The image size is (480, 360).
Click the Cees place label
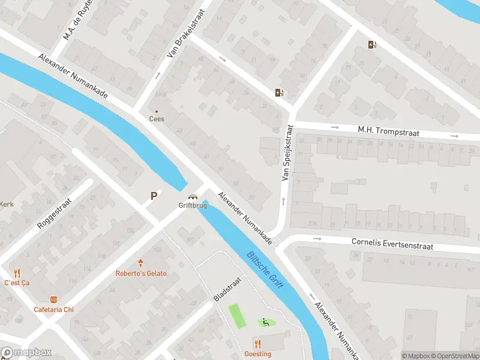pyautogui.click(x=157, y=119)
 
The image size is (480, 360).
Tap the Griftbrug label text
pyautogui.click(x=193, y=205)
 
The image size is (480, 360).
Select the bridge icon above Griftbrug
pyautogui.click(x=193, y=197)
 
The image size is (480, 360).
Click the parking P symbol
pyautogui.click(x=154, y=196)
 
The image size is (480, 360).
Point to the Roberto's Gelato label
pyautogui.click(x=141, y=274)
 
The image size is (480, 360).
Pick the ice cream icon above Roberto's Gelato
pyautogui.click(x=141, y=263)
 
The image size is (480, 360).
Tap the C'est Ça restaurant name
pyautogui.click(x=17, y=283)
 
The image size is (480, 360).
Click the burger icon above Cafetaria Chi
pyautogui.click(x=54, y=299)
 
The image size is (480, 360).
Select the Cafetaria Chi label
pyautogui.click(x=54, y=310)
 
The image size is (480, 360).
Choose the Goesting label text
pyautogui.click(x=258, y=354)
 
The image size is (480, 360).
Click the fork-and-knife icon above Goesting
pyautogui.click(x=258, y=343)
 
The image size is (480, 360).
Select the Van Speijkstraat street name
pyautogui.click(x=287, y=153)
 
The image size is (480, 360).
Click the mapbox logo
pyautogui.click(x=26, y=353)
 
